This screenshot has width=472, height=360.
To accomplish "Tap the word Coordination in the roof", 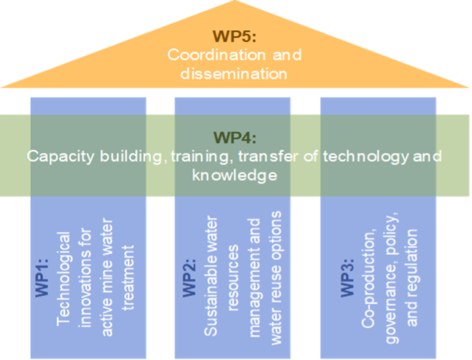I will coord(212,54).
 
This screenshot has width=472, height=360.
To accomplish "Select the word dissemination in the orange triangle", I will coord(234,74).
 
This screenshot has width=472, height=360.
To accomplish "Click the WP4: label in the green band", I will coord(234,138).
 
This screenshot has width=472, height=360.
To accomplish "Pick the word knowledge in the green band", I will coord(234,175).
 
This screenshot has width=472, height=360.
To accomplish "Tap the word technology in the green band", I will coord(365,157).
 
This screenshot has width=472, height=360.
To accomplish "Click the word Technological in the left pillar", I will coord(64,279).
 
